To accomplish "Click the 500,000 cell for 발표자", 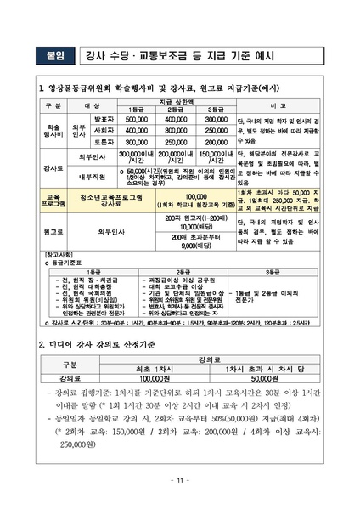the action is click(x=137, y=120).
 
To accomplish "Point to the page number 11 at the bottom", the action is click(x=180, y=481).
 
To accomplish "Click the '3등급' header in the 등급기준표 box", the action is click(x=273, y=271).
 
